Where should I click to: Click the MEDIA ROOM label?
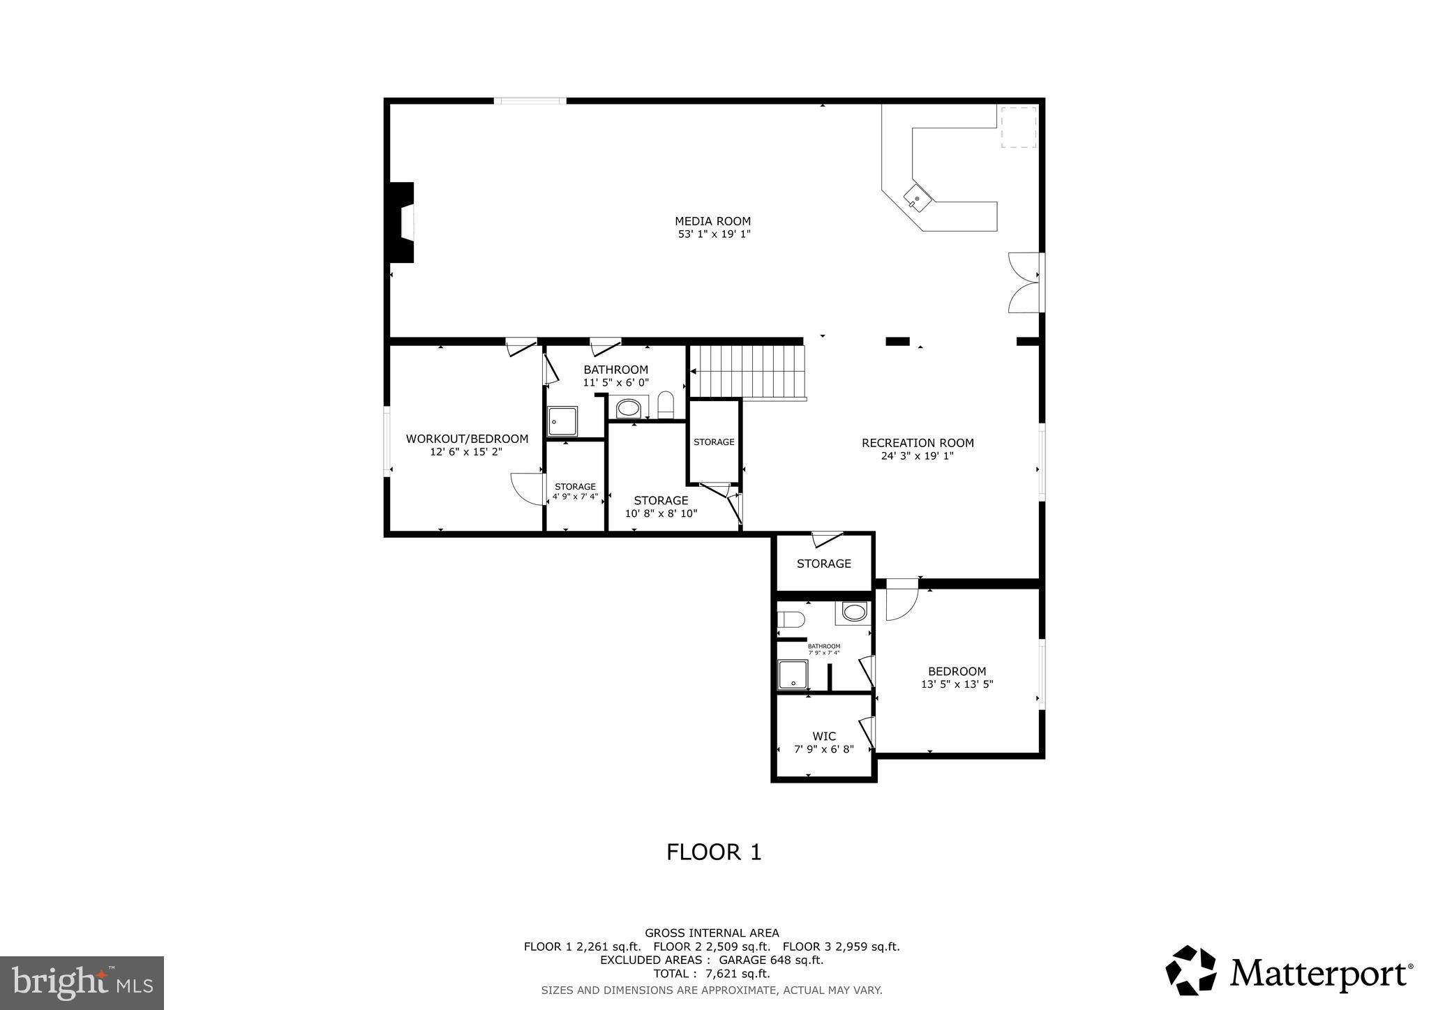[712, 222]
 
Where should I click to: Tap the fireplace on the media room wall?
[403, 223]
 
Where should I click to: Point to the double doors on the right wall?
[1022, 282]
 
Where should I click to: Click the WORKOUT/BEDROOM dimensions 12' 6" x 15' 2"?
[466, 452]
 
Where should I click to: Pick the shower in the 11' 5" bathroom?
[562, 421]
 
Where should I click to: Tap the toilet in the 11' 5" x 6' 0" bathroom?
[665, 405]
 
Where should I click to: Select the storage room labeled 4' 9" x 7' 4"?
[575, 491]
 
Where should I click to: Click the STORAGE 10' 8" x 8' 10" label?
[661, 507]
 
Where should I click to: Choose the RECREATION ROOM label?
[917, 443]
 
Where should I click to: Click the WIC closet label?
[823, 737]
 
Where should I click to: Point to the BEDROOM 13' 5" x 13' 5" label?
[957, 677]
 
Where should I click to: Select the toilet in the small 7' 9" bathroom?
[791, 619]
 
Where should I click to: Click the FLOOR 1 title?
[713, 852]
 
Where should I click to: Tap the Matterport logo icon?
[1190, 970]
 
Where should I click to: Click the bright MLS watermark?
[82, 983]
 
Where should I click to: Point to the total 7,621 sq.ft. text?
[711, 974]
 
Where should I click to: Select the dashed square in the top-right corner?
[1018, 127]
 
